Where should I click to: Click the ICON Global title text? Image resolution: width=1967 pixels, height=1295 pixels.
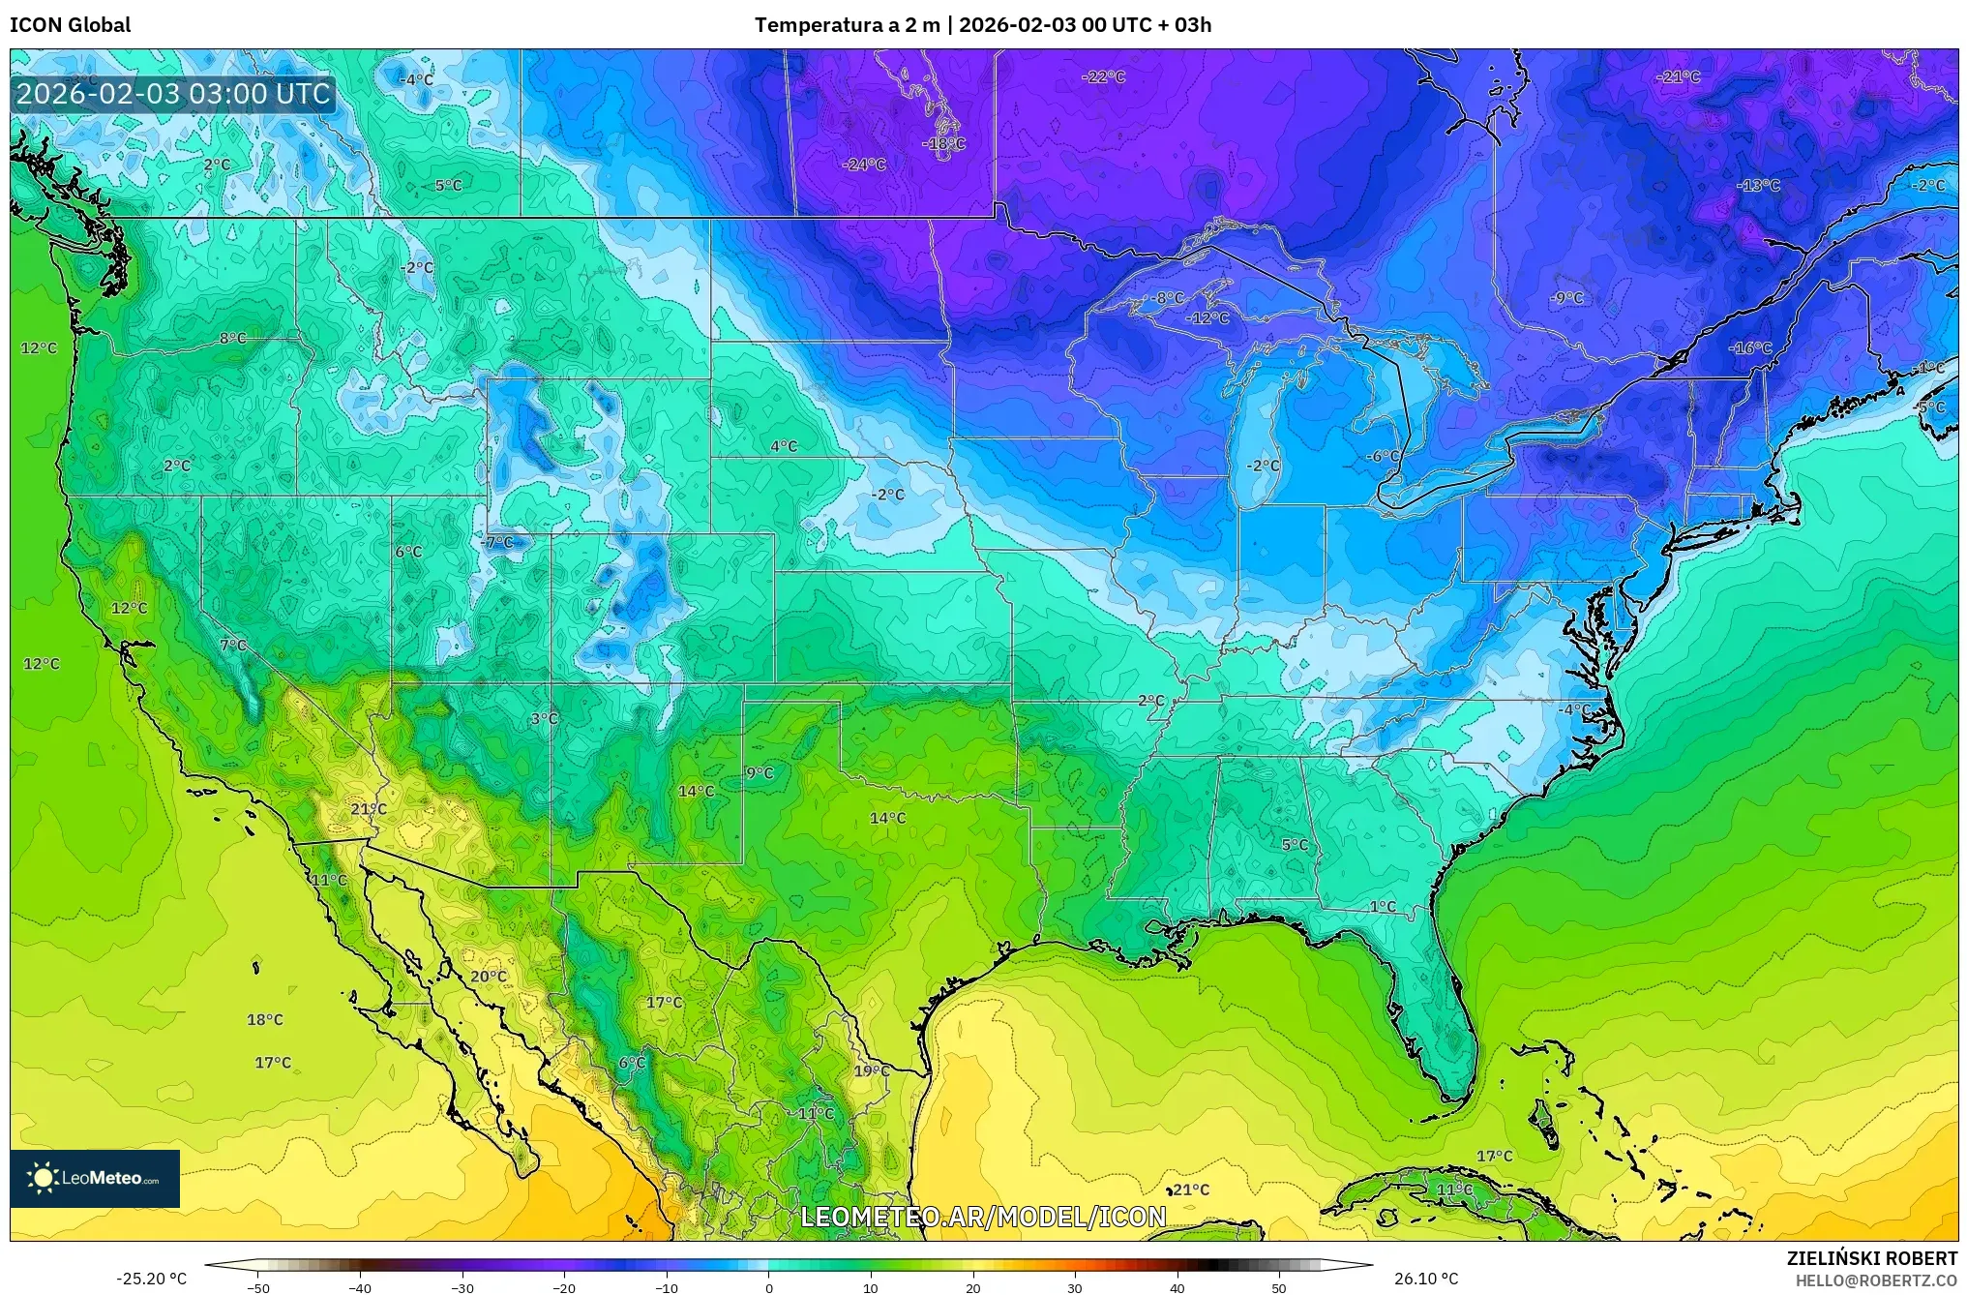tap(70, 24)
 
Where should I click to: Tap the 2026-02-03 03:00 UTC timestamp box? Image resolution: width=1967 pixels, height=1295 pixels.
tap(173, 94)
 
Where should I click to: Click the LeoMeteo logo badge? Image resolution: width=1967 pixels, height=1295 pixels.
tap(95, 1178)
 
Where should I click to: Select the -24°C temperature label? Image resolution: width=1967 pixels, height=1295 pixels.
tap(864, 165)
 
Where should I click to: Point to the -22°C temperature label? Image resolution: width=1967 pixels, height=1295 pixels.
tap(1103, 76)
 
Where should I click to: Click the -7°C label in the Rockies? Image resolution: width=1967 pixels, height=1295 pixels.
tap(497, 542)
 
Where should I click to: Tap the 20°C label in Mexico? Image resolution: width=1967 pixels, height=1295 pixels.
tap(489, 976)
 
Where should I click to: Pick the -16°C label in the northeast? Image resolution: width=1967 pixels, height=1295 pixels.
tap(1750, 347)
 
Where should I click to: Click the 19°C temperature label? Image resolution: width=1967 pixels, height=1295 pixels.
tap(872, 1070)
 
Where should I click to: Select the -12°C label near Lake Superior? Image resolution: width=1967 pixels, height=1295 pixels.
tap(1208, 317)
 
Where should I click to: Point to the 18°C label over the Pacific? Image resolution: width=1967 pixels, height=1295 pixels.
tap(265, 1019)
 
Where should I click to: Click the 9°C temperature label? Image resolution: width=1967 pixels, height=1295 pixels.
tap(760, 772)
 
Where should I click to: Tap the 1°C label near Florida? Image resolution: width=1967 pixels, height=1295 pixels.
tap(1383, 906)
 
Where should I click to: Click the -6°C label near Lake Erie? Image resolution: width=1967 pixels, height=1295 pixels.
tap(1384, 456)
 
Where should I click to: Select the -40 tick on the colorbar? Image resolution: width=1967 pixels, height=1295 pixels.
tap(360, 1287)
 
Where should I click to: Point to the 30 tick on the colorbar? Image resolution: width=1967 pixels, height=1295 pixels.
tap(1074, 1287)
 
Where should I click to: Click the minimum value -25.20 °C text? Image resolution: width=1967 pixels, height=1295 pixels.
tap(151, 1279)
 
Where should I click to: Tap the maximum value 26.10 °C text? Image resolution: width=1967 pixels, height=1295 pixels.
tap(1425, 1279)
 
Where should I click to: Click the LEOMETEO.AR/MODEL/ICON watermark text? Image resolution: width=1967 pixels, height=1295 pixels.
tap(983, 1216)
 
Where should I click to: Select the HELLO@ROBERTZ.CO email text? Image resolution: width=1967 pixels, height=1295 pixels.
tap(1876, 1280)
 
